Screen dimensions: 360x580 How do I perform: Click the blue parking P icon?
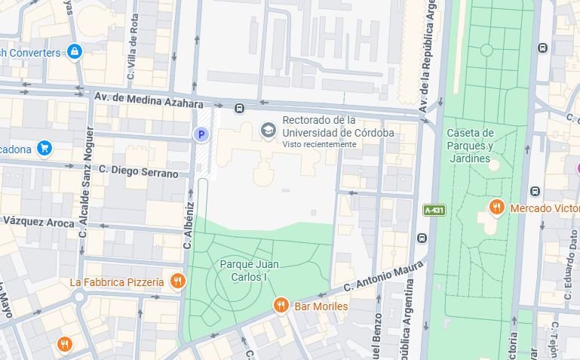201,134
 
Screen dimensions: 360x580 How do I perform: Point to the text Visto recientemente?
319,144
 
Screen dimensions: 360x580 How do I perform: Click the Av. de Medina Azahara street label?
149,101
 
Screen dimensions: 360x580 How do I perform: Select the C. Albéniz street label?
189,226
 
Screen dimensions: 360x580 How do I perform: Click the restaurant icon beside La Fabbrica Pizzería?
177,282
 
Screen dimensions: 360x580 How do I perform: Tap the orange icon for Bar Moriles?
281,305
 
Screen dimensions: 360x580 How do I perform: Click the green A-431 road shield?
433,210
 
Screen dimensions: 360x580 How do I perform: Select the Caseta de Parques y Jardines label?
470,146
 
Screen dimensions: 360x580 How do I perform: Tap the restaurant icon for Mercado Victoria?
496,207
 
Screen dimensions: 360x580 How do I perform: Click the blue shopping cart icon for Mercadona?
44,148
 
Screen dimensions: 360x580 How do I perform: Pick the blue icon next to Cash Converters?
74,52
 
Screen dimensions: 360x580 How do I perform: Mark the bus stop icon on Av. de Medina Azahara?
239,108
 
